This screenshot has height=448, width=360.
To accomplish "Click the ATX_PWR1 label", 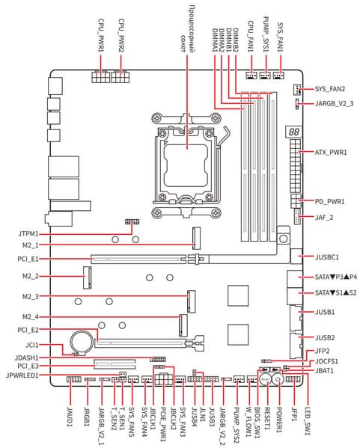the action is pos(331,152).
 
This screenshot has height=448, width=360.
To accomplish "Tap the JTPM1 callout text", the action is pos(28,233).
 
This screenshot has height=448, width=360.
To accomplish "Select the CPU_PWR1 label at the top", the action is pos(101,35).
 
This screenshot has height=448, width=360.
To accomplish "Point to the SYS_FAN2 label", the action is pos(330,89).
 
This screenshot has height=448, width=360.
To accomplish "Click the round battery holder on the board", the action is pos(82,342).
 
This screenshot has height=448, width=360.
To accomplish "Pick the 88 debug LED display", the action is pos(293,132).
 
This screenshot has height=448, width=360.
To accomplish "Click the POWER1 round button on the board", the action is pos(278,380).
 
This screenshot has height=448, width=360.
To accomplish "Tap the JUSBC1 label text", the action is pos(327,257).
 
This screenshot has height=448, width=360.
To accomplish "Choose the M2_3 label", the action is pos(30,297).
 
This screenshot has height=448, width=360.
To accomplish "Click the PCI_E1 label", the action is pos(28,259).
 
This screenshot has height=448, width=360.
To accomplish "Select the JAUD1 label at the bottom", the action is pos(70,417).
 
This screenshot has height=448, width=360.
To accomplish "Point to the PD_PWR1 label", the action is pos(330,201).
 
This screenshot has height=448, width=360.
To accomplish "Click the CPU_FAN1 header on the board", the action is pos(251,76).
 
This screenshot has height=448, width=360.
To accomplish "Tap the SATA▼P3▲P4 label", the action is pos(336,277).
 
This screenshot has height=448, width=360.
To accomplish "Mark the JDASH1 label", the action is pos(26,358).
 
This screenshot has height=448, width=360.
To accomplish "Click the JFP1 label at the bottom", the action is pos(294,414).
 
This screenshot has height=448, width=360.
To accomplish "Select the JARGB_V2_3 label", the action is pos(334,103).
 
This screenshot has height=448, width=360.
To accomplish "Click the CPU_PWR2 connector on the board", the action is pos(120,76).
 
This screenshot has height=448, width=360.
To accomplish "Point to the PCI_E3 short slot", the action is pos(115,364).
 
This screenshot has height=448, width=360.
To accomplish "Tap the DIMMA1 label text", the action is pos(215,40).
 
